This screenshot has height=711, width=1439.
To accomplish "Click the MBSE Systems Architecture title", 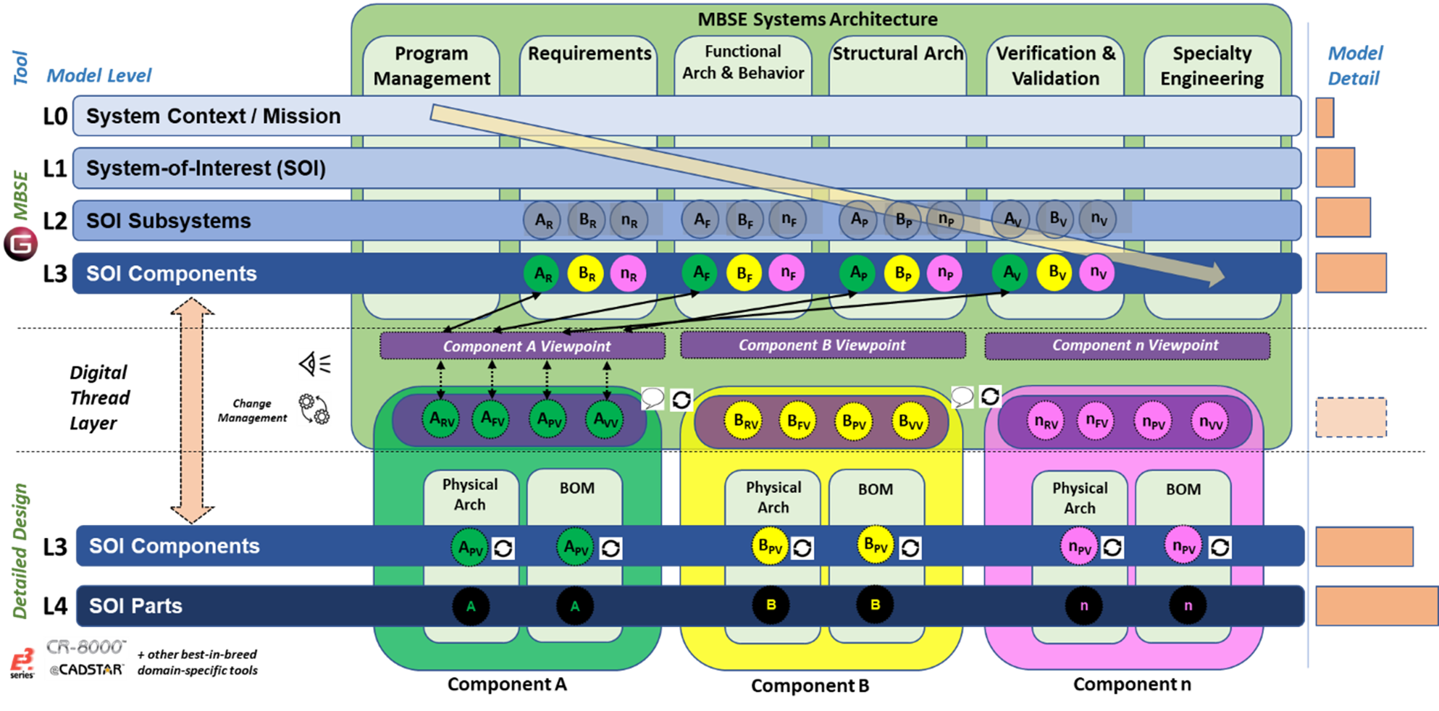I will (817, 20).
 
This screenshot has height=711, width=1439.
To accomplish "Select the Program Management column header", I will (432, 66).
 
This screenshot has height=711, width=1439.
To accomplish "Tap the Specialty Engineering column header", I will (1212, 66).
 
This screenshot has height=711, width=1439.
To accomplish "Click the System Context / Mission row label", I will (213, 116).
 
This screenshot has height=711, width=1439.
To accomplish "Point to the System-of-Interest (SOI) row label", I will (206, 168).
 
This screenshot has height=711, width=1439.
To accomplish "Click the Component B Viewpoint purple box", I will (822, 345).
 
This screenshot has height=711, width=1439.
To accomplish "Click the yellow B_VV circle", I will (910, 421).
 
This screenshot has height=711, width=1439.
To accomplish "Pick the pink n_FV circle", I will (1096, 421).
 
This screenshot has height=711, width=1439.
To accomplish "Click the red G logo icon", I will (22, 243).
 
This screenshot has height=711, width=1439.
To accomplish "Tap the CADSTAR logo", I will (85, 670).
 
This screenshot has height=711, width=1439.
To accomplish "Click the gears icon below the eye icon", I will (314, 409).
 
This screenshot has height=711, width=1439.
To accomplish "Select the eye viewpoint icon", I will (314, 363).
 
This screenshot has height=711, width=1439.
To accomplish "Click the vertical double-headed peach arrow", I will (191, 411).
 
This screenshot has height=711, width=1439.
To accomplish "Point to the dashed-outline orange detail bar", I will (1351, 418).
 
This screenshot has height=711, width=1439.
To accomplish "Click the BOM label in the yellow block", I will (875, 489).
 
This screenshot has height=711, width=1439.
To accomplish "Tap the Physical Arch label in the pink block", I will (1079, 498).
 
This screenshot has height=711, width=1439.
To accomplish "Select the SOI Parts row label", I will (135, 606).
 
